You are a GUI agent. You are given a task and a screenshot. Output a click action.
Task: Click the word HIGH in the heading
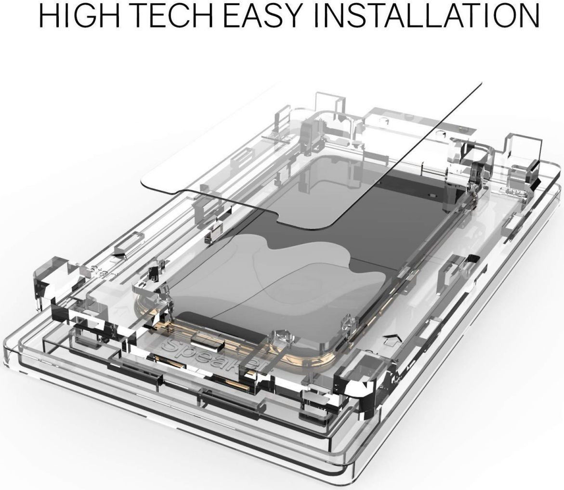tap(79, 15)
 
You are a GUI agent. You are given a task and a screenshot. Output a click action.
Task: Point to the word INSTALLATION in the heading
tap(427, 15)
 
